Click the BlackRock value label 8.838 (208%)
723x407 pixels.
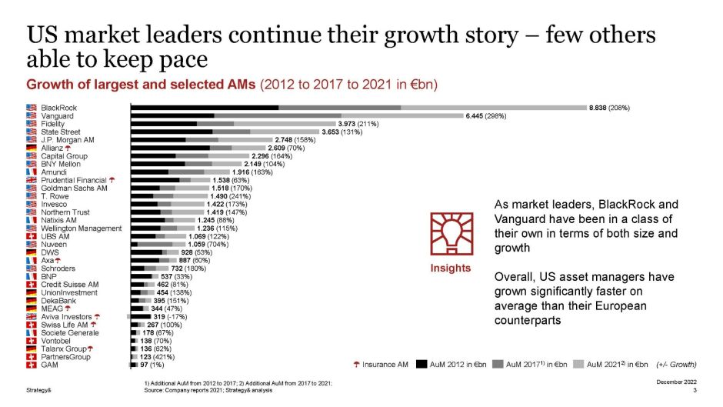(x=608, y=107)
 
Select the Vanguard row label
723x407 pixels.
(x=58, y=115)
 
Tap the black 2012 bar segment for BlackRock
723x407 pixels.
(x=205, y=107)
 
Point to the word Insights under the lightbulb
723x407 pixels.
(x=450, y=268)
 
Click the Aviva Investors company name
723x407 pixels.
(x=66, y=316)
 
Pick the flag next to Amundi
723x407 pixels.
(x=32, y=172)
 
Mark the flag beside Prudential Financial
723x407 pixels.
(x=32, y=180)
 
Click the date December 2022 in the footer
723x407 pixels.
(x=676, y=382)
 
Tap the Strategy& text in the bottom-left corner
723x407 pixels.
(x=38, y=390)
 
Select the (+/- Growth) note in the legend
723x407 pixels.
(x=676, y=364)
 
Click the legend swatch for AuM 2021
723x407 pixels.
(x=580, y=364)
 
